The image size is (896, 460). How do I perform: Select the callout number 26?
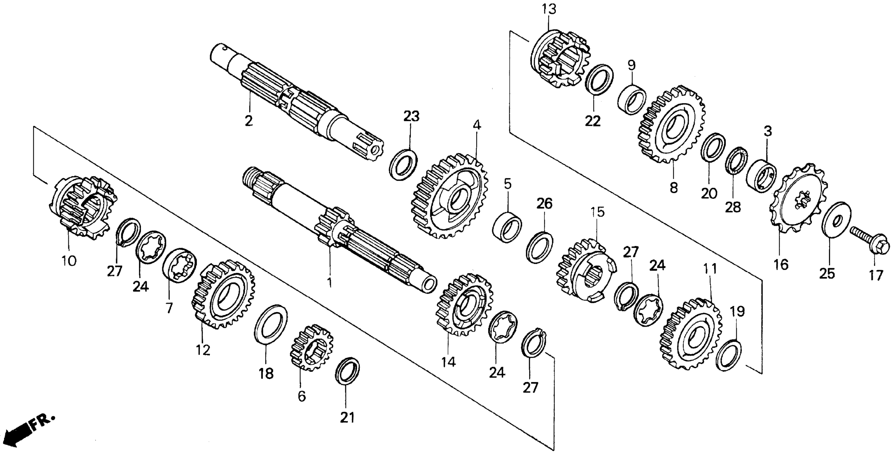pyautogui.click(x=544, y=204)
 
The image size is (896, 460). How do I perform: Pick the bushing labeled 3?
pyautogui.click(x=761, y=176)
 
